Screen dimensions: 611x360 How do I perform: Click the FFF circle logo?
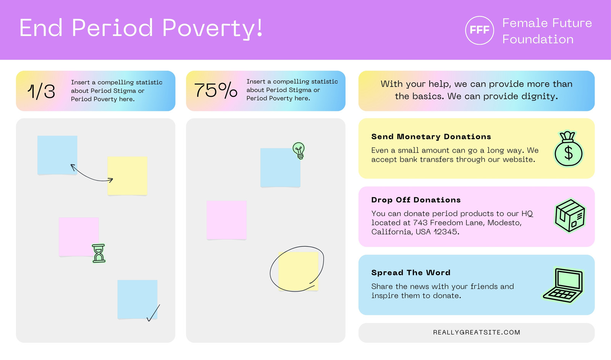click(x=479, y=30)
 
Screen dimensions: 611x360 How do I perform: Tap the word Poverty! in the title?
click(x=212, y=29)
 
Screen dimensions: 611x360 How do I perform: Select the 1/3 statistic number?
click(x=41, y=91)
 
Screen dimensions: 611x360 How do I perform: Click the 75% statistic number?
click(x=215, y=90)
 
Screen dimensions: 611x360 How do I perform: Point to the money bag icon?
click(x=569, y=149)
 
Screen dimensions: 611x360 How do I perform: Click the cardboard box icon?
click(x=570, y=216)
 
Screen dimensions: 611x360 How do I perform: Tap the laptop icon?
click(x=563, y=285)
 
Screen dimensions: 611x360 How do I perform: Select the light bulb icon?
click(x=299, y=150)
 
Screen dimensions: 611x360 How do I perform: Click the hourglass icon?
click(x=99, y=253)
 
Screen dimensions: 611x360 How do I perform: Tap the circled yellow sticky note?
click(x=298, y=271)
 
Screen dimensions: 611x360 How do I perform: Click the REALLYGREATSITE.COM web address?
click(x=477, y=333)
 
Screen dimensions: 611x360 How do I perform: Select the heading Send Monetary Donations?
click(x=431, y=137)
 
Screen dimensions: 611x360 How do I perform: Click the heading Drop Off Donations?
click(x=416, y=200)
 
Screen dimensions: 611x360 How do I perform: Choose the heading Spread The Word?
click(x=411, y=273)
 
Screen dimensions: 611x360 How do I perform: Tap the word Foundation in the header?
click(x=538, y=40)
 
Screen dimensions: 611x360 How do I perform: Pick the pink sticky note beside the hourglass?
click(x=79, y=237)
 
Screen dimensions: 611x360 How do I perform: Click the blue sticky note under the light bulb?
click(x=280, y=168)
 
